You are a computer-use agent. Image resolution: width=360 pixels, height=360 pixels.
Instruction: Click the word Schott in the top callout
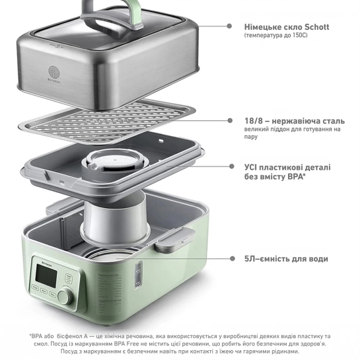(x=316, y=27)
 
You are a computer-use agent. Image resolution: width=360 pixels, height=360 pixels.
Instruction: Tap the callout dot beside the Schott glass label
(x=229, y=26)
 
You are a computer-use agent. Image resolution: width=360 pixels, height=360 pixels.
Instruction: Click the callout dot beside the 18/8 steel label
(x=230, y=120)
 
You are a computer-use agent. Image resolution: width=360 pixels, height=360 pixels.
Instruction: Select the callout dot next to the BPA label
(x=232, y=166)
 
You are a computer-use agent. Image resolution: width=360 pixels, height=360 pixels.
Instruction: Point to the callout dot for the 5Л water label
(x=233, y=259)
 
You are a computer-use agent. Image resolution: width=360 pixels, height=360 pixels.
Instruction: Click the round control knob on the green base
(x=65, y=297)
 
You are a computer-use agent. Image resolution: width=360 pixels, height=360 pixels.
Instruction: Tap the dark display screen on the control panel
(x=46, y=275)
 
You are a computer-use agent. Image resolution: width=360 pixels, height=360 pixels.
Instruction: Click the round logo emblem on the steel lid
(x=54, y=72)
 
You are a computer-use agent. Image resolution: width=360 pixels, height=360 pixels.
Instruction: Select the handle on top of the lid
(x=112, y=15)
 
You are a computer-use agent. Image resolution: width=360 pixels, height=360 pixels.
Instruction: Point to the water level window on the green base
(x=138, y=274)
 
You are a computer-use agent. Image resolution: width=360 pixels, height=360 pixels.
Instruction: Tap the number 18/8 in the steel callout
(x=254, y=121)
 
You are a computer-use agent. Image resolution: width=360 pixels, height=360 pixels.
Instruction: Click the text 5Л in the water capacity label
(x=250, y=259)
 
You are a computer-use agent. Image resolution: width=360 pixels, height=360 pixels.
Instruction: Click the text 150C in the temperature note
(x=300, y=36)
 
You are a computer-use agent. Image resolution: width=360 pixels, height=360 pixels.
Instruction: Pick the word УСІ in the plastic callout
(x=250, y=167)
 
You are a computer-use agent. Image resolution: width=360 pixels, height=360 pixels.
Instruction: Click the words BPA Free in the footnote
(x=125, y=344)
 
